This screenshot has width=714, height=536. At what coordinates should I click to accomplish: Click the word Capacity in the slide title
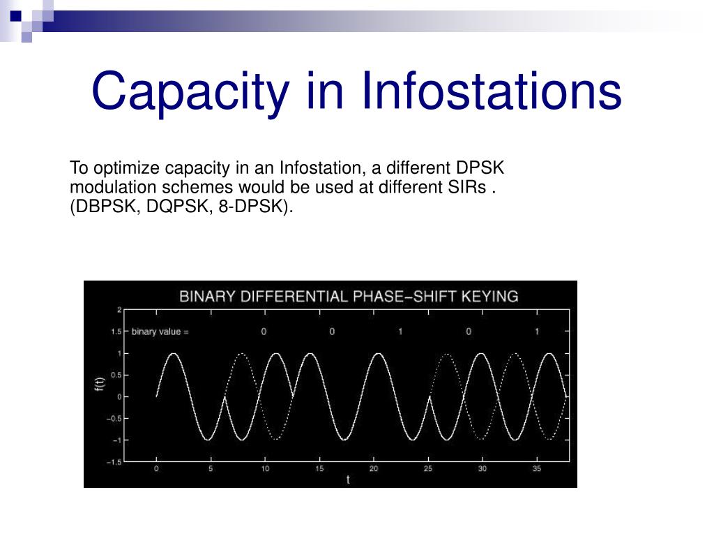pos(190,93)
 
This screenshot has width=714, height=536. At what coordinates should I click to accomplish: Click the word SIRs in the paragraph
pos(466,187)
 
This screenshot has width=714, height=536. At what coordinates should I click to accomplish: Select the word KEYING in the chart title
pos(489,297)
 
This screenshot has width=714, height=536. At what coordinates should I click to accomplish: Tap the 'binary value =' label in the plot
pos(160,332)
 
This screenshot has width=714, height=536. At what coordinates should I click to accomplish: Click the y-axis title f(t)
pos(100,384)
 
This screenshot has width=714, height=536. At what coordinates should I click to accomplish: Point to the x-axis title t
pos(348,479)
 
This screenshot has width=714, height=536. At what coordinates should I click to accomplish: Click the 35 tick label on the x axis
pos(537,468)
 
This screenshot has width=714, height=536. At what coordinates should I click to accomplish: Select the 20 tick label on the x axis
pos(374,468)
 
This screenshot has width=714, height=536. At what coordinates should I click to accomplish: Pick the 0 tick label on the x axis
pos(156,468)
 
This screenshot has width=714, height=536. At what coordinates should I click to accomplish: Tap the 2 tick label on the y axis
pos(119,310)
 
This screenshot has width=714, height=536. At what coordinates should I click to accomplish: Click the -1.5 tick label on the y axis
pos(114,462)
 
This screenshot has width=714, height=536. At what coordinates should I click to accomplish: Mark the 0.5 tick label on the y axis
pos(116,375)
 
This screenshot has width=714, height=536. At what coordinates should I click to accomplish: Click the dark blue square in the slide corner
pos(16,16)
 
